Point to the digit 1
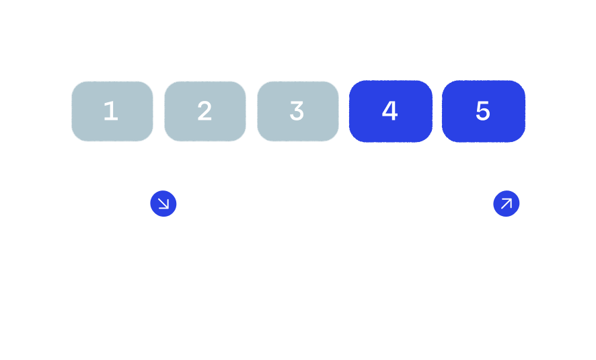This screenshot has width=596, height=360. click(x=111, y=111)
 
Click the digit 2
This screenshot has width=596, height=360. click(x=204, y=111)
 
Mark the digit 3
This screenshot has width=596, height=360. click(x=297, y=111)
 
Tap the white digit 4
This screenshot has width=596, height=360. click(x=390, y=111)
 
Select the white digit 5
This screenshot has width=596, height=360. click(x=483, y=111)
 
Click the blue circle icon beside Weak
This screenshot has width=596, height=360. click(x=163, y=203)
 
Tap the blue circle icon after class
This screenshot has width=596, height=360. click(x=507, y=203)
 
